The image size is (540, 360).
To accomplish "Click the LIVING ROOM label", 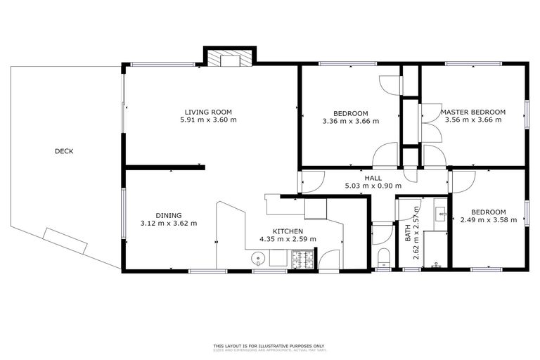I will [208, 112].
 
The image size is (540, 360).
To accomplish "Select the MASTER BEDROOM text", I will [472, 112].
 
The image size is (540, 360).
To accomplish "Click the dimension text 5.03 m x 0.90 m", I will [373, 186].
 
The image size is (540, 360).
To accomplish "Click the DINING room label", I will [169, 215].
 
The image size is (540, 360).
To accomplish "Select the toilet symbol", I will [384, 256].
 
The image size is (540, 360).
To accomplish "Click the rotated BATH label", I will [408, 233].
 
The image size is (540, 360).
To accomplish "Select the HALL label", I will [373, 178].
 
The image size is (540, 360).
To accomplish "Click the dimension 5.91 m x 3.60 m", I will [208, 120].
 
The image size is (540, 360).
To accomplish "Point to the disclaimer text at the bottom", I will [269, 347].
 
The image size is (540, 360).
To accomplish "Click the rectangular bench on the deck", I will [65, 241].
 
